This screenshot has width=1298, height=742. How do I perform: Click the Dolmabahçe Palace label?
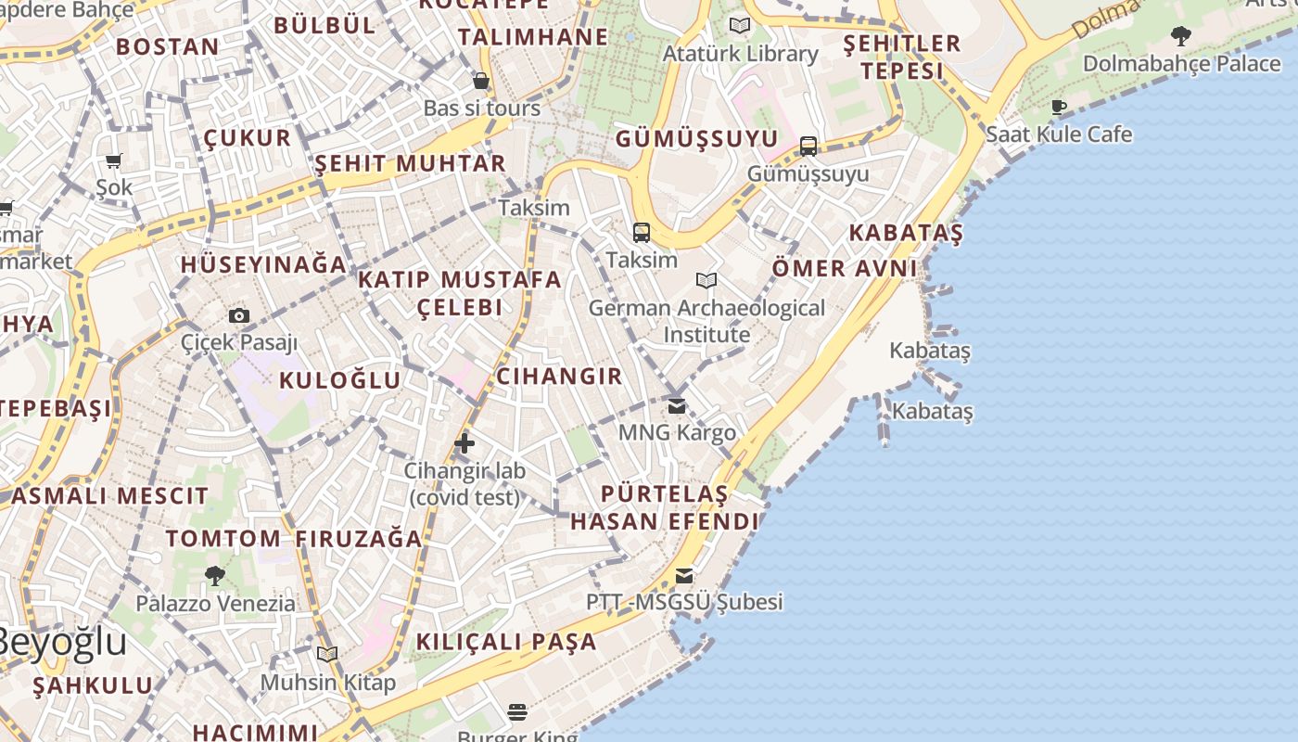point(1181,64)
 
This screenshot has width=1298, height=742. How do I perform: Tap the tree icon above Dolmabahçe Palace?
point(1180,37)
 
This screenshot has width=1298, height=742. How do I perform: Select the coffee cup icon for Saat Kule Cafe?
point(1059,107)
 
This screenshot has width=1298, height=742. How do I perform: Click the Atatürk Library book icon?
point(740,26)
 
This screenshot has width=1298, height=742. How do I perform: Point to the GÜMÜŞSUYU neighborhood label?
point(697,139)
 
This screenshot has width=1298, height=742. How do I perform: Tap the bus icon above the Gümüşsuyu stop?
point(808,147)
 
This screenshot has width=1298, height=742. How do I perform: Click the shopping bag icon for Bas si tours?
point(481,81)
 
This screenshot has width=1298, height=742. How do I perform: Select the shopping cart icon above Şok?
point(114,161)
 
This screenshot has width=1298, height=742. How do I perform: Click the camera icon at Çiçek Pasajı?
point(239,315)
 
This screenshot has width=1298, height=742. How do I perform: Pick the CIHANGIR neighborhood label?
point(559,376)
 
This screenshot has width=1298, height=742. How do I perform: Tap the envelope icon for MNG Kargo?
point(677,405)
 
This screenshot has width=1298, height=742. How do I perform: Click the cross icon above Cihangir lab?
point(464,443)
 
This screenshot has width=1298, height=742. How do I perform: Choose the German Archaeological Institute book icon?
point(706,280)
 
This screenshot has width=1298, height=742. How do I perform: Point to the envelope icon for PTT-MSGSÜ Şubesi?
point(684,576)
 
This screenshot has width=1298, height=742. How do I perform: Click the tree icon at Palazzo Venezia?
point(215,576)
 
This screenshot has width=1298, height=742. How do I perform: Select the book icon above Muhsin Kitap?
point(327,655)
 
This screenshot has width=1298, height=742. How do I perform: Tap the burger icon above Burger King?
point(517,711)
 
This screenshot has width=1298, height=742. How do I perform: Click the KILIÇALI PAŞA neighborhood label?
point(506,642)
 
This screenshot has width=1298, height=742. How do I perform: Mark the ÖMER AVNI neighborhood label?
point(845,269)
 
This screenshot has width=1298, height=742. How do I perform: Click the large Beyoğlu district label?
point(60,642)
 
